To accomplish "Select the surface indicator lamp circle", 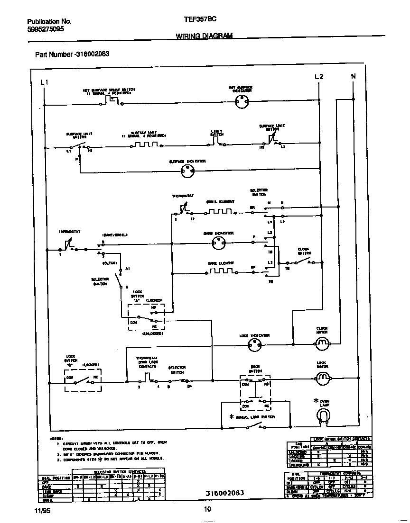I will click(x=188, y=173).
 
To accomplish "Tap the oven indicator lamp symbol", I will click(x=219, y=244).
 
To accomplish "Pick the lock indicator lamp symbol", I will click(x=255, y=347).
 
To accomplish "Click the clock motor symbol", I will click(x=323, y=343).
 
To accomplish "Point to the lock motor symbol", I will click(x=323, y=377).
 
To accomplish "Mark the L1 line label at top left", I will click(x=44, y=82).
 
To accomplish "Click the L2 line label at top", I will click(x=318, y=77).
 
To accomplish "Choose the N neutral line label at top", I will click(x=353, y=76).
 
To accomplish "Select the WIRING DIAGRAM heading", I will click(x=204, y=36).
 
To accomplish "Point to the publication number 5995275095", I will click(x=46, y=29).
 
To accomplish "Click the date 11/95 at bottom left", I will click(x=42, y=510).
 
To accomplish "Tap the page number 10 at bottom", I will click(x=207, y=510).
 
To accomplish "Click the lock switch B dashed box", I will click(x=83, y=380).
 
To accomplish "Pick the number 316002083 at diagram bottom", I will click(x=225, y=493).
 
